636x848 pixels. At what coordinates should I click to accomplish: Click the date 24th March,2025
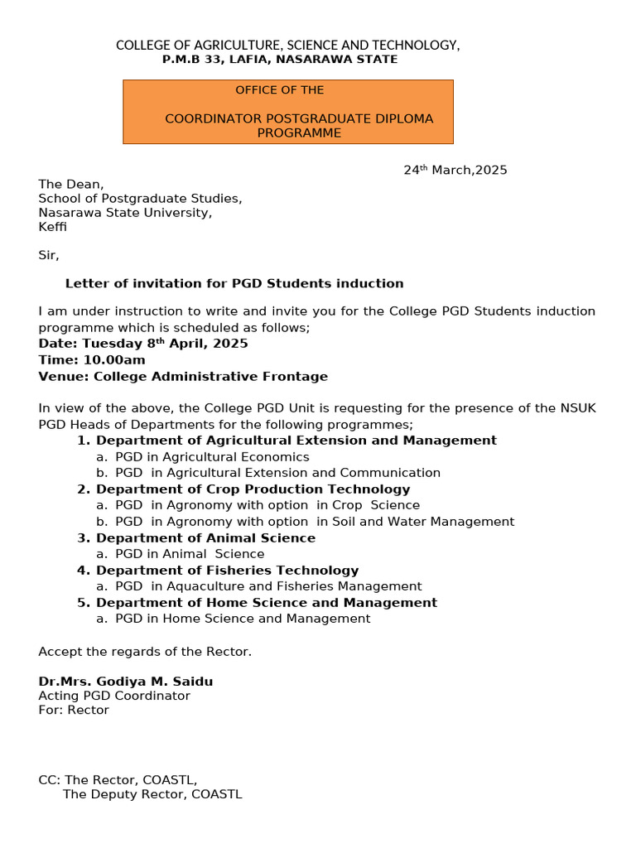(x=455, y=171)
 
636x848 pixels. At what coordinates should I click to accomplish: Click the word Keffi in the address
(x=53, y=227)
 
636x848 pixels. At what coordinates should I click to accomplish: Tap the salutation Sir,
(x=49, y=255)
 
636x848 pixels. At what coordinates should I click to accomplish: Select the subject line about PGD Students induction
(x=234, y=284)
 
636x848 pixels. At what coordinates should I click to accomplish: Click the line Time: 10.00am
(x=92, y=360)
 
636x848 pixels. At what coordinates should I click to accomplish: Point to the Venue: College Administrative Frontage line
(x=183, y=377)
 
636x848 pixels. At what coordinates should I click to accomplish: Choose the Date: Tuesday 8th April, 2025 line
(x=143, y=344)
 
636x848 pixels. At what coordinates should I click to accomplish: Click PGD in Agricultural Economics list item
(x=212, y=457)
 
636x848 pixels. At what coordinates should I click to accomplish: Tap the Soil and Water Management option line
(x=315, y=522)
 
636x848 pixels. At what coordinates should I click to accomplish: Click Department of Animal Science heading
(x=205, y=538)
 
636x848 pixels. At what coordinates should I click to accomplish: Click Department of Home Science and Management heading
(x=266, y=603)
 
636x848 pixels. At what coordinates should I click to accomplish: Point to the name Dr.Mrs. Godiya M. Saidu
(x=126, y=682)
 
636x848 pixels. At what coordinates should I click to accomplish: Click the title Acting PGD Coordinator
(x=114, y=696)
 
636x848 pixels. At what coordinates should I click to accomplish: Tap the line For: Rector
(x=74, y=711)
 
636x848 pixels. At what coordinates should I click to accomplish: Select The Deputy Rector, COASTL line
(x=152, y=795)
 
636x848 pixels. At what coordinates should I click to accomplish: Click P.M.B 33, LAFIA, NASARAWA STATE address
(x=280, y=60)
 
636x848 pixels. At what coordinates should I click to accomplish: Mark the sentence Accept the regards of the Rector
(x=145, y=652)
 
